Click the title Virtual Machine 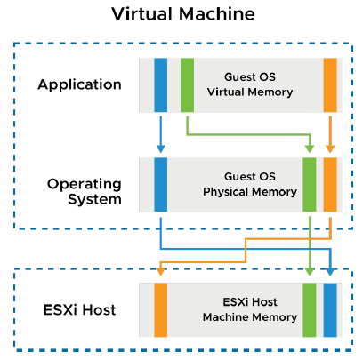point(181,15)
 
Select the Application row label point(79,84)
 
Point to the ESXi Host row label point(79,310)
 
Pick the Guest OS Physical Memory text point(237,184)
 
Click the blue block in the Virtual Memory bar point(160,84)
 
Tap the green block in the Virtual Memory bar point(187,84)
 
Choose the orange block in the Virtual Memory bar point(330,84)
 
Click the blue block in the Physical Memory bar point(160,184)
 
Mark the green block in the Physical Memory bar point(309,184)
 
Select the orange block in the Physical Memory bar point(330,184)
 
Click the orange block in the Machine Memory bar point(160,310)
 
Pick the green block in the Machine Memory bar point(309,310)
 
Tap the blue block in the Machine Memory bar point(330,310)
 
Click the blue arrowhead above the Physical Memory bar point(160,148)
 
